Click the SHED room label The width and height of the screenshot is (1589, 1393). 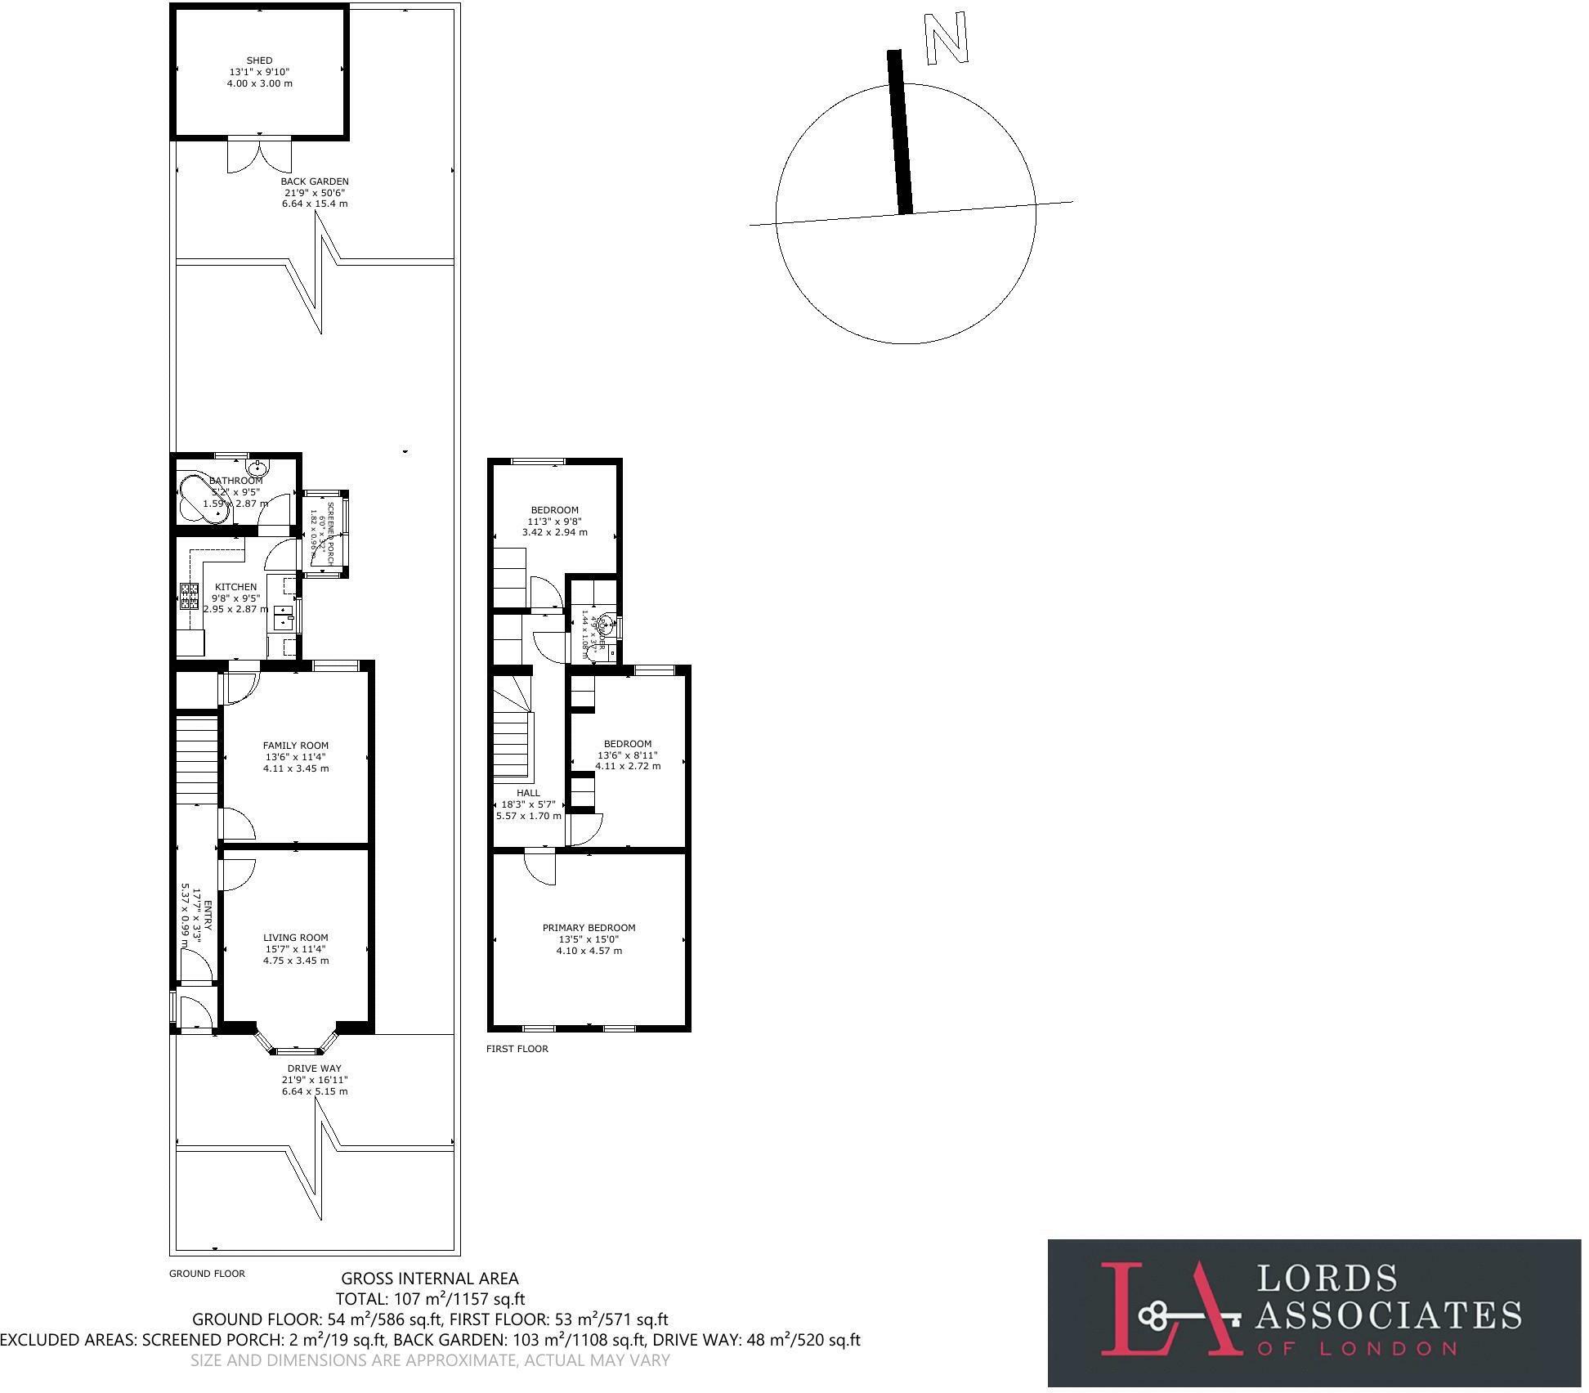tap(259, 60)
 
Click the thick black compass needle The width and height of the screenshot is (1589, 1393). tap(900, 131)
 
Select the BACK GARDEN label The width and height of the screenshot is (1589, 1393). tap(315, 181)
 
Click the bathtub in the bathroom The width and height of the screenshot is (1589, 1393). tap(199, 496)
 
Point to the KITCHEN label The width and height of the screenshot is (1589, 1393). tap(235, 587)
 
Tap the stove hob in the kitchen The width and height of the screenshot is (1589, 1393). tap(190, 596)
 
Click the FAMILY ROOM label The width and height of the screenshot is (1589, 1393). tap(296, 746)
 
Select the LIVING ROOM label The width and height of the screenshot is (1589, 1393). tap(296, 938)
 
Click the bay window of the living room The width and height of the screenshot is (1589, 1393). tap(296, 1047)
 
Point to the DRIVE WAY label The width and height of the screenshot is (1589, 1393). tap(315, 1068)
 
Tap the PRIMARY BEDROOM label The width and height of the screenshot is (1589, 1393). tap(589, 928)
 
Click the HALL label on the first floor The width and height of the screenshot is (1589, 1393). tap(528, 793)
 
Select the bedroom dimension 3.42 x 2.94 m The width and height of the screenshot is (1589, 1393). tap(554, 532)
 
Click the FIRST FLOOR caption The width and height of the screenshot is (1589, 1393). tap(517, 1049)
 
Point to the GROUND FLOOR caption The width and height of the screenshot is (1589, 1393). tap(207, 1274)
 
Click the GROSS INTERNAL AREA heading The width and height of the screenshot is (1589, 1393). tap(429, 1279)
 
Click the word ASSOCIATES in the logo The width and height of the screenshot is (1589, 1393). tap(1388, 1315)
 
